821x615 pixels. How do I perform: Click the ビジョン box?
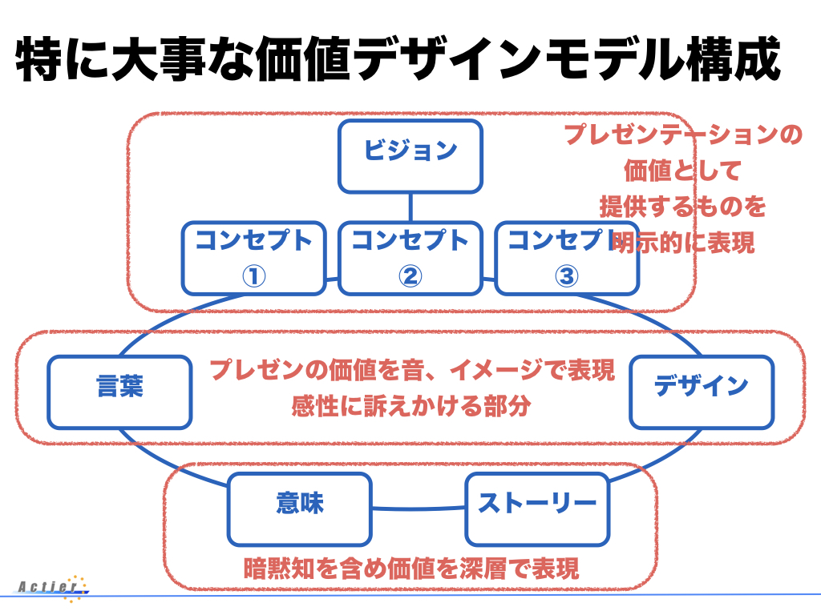coord(410,156)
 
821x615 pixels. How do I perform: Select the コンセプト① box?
coord(254,259)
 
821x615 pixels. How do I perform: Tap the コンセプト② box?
coord(410,259)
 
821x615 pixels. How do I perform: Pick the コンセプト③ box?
coord(567,259)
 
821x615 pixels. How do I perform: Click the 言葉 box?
coord(120,392)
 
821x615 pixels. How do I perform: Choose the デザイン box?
coord(702,392)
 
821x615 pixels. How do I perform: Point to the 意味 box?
coord(300,509)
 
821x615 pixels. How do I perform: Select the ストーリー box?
coord(537,509)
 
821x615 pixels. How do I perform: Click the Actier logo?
coord(52,588)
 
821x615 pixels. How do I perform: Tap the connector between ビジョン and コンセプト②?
coord(410,207)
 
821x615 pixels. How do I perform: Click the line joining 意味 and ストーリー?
coord(419,508)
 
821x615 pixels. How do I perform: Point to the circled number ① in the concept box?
coord(254,275)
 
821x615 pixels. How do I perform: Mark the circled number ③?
coord(567,275)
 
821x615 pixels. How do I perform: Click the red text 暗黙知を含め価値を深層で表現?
coord(411,569)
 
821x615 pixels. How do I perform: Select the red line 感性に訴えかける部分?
coord(411,406)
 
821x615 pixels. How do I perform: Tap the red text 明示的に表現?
coord(683,243)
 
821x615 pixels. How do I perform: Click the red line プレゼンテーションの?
coord(683,135)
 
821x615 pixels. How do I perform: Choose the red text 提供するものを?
coord(683,207)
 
